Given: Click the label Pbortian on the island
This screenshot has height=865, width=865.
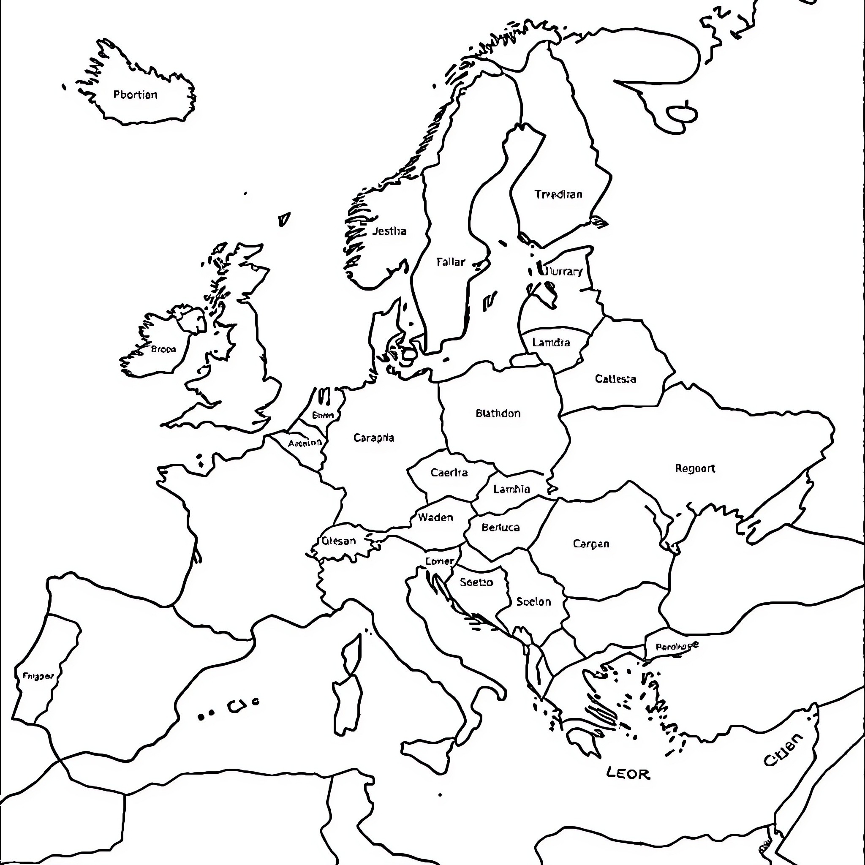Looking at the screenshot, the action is tap(135, 95).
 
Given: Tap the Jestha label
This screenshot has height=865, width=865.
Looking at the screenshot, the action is tap(389, 231).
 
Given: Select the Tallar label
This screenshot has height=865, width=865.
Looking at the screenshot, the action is tap(450, 262).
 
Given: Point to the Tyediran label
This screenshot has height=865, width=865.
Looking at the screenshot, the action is tap(558, 194).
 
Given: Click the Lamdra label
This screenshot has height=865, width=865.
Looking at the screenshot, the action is tap(551, 343).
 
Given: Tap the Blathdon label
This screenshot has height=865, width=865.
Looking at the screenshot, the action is tap(498, 413).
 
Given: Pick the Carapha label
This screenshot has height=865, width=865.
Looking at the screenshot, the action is tap(373, 438).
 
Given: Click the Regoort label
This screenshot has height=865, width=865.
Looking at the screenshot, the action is tap(695, 468).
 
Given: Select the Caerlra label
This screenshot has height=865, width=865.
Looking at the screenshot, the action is tap(449, 472).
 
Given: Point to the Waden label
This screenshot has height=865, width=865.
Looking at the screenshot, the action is tap(435, 517).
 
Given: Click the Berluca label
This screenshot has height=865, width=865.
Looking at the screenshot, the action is tap(501, 528).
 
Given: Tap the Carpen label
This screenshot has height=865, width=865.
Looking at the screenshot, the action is tap(591, 544).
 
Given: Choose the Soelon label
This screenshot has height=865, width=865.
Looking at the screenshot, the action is tap(533, 601).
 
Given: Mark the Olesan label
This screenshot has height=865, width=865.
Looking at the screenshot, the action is tap(338, 541).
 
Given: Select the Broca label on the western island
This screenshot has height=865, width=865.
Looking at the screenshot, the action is tap(163, 349).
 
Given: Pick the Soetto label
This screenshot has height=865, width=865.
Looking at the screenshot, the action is tap(476, 582).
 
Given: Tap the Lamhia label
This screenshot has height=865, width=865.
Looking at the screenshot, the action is tap(511, 490).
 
